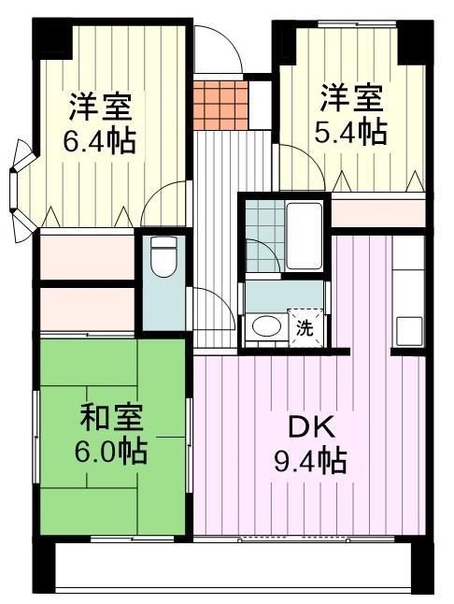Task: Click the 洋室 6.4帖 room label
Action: tap(101, 122)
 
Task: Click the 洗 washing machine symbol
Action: tap(305, 328)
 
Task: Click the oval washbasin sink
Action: tap(267, 326)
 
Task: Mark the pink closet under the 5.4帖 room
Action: tap(378, 214)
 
